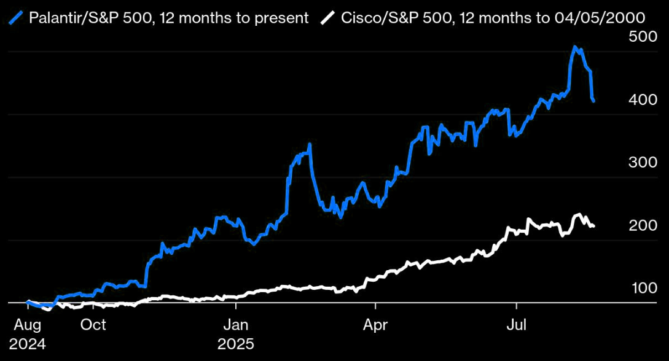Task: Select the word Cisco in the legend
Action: [x=359, y=18]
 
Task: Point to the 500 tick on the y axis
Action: [x=643, y=37]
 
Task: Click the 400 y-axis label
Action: [x=643, y=99]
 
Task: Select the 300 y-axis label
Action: [x=643, y=163]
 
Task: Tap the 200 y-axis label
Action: [x=643, y=226]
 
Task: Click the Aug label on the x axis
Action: [x=28, y=325]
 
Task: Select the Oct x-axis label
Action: [x=93, y=325]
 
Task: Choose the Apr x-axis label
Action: [x=375, y=325]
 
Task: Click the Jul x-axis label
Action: [x=517, y=325]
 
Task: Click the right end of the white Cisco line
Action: [x=593, y=227]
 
